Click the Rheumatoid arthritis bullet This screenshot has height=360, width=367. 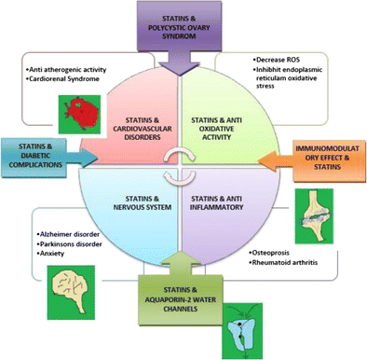(288, 265)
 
